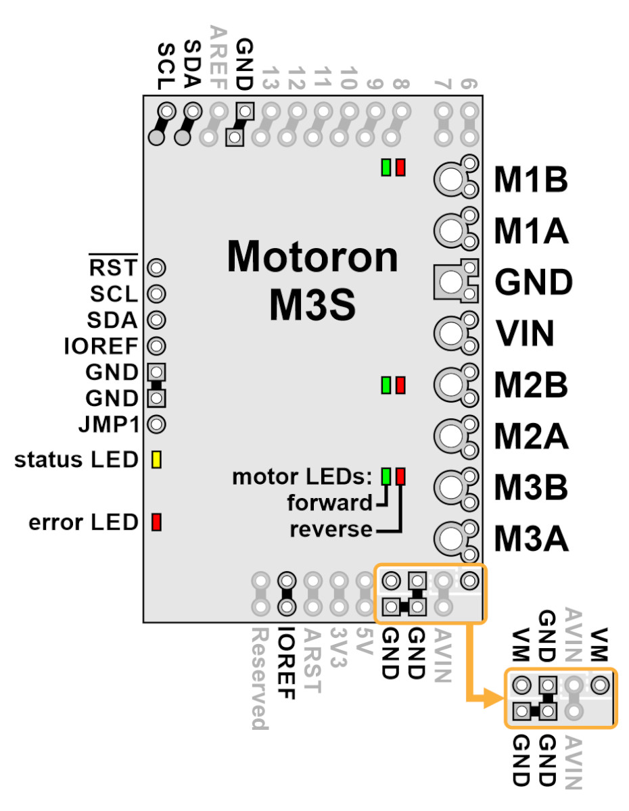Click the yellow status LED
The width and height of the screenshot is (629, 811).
pyautogui.click(x=156, y=459)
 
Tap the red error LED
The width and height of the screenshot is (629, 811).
pyautogui.click(x=156, y=522)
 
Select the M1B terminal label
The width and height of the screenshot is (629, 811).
pyautogui.click(x=530, y=180)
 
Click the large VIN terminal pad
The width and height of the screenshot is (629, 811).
pyautogui.click(x=451, y=333)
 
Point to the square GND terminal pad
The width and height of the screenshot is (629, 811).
pyautogui.click(x=451, y=281)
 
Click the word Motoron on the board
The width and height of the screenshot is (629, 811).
pyautogui.click(x=312, y=256)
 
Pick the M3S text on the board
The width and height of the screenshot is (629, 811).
pyautogui.click(x=312, y=305)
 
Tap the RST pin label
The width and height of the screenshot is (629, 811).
pyautogui.click(x=113, y=267)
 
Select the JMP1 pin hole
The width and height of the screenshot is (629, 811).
pyautogui.click(x=156, y=424)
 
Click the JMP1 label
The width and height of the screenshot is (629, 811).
pyautogui.click(x=109, y=424)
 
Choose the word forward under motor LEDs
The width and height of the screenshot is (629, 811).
pyautogui.click(x=329, y=502)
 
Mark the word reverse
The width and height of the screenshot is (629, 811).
pyautogui.click(x=331, y=529)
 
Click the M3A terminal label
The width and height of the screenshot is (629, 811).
pyautogui.click(x=531, y=539)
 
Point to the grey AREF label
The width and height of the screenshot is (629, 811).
pyautogui.click(x=218, y=58)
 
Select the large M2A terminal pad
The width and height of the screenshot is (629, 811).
pyautogui.click(x=451, y=435)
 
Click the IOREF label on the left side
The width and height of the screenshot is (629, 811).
pyautogui.click(x=101, y=346)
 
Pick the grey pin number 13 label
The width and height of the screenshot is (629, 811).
pyautogui.click(x=271, y=78)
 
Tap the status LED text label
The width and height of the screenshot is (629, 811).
pyautogui.click(x=76, y=460)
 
